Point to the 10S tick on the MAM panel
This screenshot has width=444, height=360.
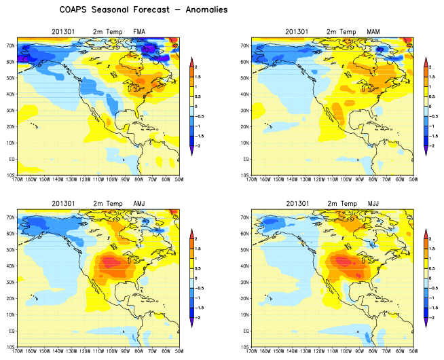245,175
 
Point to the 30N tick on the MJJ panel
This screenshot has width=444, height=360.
245,281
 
